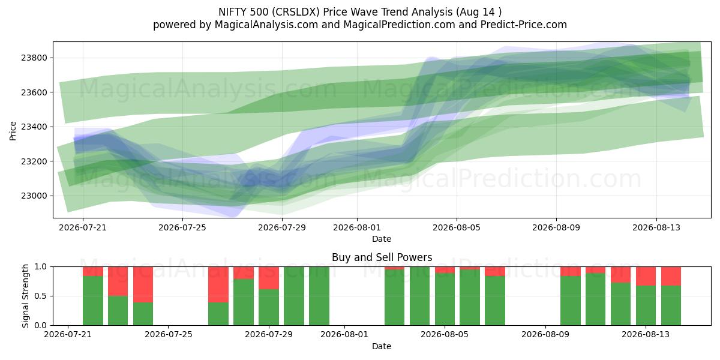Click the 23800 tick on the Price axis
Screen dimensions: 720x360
point(34,58)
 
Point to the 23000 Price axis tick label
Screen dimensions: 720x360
point(34,196)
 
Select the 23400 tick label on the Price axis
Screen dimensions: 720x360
point(34,127)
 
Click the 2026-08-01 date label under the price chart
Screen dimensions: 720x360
point(357,227)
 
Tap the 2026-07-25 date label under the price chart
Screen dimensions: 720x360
point(182,227)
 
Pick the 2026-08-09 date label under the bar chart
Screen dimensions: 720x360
point(545,334)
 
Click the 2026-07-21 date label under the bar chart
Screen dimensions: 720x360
point(68,334)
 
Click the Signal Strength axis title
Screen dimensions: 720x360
point(25,296)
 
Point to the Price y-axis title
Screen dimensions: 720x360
point(13,131)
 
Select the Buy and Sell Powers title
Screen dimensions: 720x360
point(382,257)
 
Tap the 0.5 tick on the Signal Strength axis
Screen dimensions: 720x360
point(41,296)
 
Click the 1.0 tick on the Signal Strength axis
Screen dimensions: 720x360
point(41,267)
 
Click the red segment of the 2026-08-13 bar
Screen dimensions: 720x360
point(646,277)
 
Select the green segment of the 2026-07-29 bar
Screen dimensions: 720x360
point(269,307)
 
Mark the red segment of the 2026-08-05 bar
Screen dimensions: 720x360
point(445,270)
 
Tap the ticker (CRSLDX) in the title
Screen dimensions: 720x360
point(296,12)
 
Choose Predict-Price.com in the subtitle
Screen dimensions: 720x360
point(524,25)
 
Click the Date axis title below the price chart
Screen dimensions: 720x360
point(382,239)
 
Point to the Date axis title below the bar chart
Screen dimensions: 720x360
point(382,346)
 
